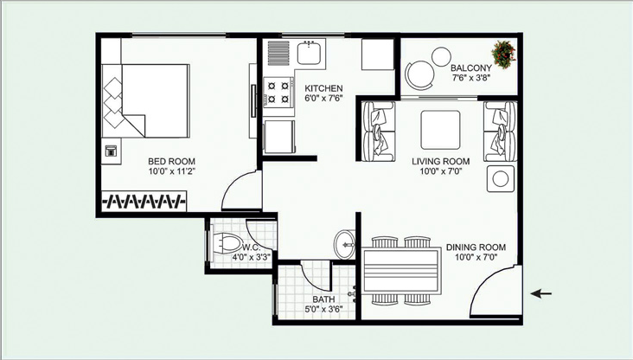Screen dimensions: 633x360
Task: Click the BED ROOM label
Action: tap(171, 161)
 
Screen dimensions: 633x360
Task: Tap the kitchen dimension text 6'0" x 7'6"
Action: tap(323, 98)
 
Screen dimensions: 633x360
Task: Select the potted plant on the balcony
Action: tap(503, 54)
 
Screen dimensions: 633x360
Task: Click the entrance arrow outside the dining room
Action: tap(541, 293)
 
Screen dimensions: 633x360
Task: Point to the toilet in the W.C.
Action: tap(225, 243)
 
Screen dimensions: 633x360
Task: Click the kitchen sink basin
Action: tap(310, 53)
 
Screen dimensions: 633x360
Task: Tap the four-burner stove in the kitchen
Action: tap(278, 92)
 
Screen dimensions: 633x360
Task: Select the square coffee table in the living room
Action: tap(440, 130)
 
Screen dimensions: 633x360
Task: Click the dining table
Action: tap(402, 270)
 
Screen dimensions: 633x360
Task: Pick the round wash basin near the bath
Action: tap(344, 244)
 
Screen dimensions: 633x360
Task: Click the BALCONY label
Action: tap(471, 67)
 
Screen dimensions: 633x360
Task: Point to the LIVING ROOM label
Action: tap(441, 161)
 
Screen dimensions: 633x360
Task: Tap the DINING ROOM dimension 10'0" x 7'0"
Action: tap(476, 256)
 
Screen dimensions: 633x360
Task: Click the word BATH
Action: tap(323, 299)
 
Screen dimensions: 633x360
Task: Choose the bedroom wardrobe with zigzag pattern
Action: tap(144, 201)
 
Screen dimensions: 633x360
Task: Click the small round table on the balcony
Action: tap(441, 56)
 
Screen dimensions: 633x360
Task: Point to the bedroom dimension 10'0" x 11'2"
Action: tap(172, 171)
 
